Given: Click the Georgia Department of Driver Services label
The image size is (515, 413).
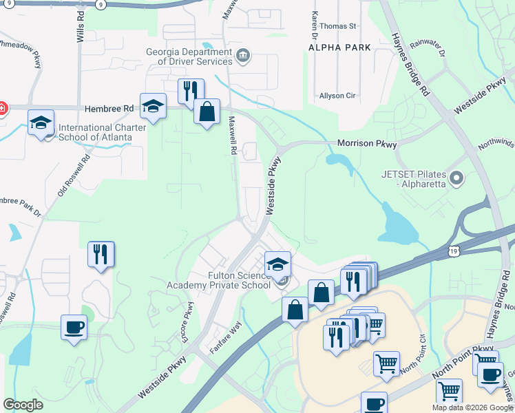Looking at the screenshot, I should click(185, 56).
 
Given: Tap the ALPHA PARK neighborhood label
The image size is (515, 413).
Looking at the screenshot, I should click(339, 47).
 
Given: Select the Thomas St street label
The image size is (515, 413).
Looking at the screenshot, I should click(337, 26).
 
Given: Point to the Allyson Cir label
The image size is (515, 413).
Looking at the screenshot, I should click(337, 96).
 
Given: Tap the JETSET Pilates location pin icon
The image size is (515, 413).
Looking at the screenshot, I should click(456, 180).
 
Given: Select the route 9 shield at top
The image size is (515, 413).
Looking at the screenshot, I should click(101, 4).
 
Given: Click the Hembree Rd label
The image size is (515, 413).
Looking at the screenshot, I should click(109, 109).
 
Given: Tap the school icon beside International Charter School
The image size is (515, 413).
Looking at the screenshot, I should click(41, 123).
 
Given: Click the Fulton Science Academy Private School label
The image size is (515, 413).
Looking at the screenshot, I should click(220, 280).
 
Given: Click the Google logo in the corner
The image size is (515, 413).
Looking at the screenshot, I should click(23, 405).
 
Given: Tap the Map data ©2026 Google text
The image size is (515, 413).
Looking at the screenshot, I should click(472, 407).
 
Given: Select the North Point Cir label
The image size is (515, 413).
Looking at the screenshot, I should click(413, 352).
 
